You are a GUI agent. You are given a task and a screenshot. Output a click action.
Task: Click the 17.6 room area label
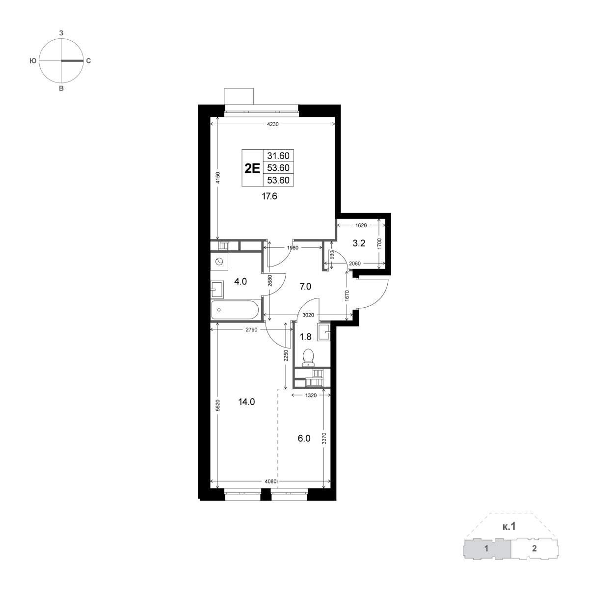pos(269,196)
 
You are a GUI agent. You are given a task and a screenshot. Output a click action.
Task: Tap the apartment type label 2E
pos(252,168)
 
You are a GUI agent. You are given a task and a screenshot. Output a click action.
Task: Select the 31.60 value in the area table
pos(278,156)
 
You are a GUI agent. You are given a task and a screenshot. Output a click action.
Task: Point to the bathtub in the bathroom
pos(235,310)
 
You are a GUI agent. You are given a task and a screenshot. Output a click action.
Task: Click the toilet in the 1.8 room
pos(308,358)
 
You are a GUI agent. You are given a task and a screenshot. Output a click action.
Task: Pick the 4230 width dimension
pos(272,124)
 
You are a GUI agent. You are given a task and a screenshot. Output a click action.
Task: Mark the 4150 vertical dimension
pos(217,178)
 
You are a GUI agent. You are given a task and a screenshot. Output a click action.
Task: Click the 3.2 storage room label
pos(359,243)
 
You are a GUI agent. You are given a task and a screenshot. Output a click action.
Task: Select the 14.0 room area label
pos(246,402)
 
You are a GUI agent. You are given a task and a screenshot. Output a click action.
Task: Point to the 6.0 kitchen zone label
pos(304,439)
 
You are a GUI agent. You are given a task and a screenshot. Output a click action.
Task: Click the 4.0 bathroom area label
pos(240,281)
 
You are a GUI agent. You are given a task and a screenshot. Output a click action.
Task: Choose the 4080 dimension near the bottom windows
pos(270,482)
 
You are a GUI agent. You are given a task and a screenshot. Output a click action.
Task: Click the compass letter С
pos(88,61)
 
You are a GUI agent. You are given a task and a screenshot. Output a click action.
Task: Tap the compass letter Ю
pos(33,61)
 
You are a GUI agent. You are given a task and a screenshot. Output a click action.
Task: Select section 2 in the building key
pos(534,557)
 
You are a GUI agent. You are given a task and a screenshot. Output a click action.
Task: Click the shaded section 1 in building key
pos(486,557)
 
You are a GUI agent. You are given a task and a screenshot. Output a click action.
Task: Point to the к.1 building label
pos(509,535)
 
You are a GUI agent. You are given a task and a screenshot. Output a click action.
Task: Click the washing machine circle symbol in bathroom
pos(219,262)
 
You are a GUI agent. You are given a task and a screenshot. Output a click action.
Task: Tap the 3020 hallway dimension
pos(308,315)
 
